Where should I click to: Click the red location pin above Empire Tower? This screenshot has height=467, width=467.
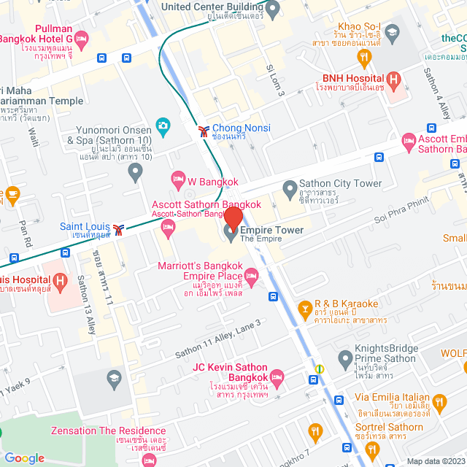233,217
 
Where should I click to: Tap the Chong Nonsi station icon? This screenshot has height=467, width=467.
202,131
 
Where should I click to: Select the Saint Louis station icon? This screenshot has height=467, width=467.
120,227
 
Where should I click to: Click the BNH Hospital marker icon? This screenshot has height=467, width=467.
394,79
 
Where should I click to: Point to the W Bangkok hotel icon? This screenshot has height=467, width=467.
177,178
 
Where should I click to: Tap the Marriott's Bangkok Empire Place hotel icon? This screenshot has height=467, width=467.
252,275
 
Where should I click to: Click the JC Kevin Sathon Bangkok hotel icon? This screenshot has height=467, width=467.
276,378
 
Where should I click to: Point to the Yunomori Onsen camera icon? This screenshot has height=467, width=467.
162,126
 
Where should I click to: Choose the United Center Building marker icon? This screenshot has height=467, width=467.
273,10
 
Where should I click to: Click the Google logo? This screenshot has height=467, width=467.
24,458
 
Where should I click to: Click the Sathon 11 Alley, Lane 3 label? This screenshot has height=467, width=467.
217,338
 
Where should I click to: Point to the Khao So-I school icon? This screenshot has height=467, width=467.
393,32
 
